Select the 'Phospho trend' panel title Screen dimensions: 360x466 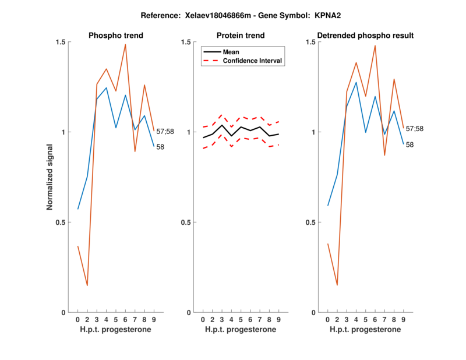116,36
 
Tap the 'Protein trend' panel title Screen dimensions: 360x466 241,36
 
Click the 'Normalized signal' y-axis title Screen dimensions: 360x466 50,177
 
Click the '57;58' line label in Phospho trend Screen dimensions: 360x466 165,132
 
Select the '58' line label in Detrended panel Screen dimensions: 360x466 410,144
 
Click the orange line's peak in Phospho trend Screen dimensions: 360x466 125,44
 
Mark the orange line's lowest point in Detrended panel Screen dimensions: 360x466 337,285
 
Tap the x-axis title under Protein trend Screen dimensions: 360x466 241,330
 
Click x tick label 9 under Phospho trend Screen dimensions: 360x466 154,320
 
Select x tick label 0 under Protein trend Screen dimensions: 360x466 203,320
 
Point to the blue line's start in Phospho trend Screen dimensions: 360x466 77,209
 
